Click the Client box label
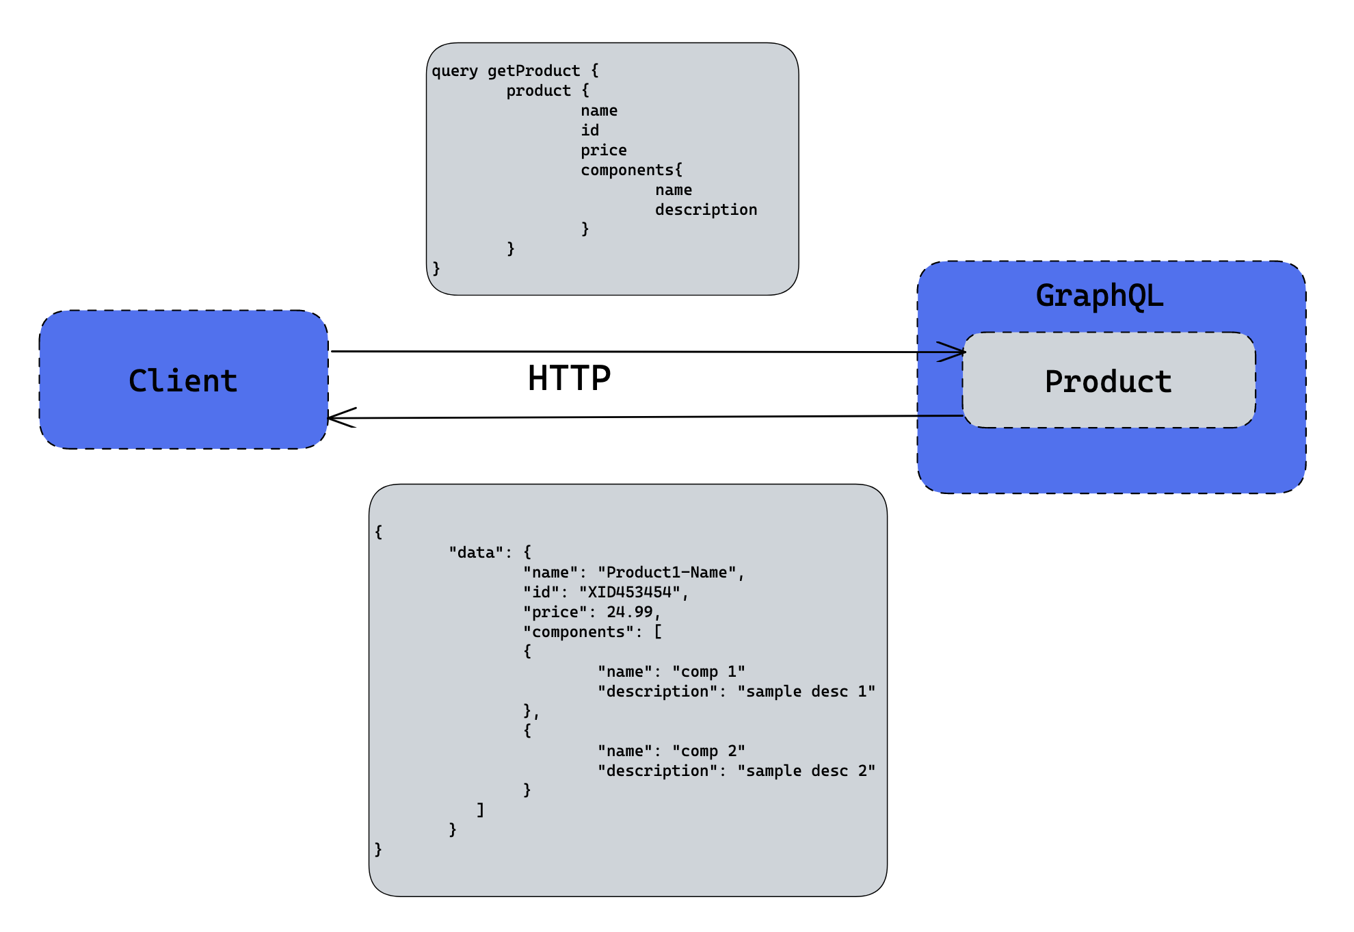coord(183,381)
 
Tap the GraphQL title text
coord(1099,296)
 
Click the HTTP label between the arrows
coord(569,378)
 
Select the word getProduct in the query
coord(533,71)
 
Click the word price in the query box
coord(603,151)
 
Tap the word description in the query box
coord(706,210)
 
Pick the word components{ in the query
coord(631,170)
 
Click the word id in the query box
coord(589,131)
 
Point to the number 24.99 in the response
coord(629,612)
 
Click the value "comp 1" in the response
coord(708,672)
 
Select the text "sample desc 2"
coord(806,771)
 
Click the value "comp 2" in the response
coord(708,751)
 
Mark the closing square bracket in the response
coord(481,810)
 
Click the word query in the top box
coord(455,71)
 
